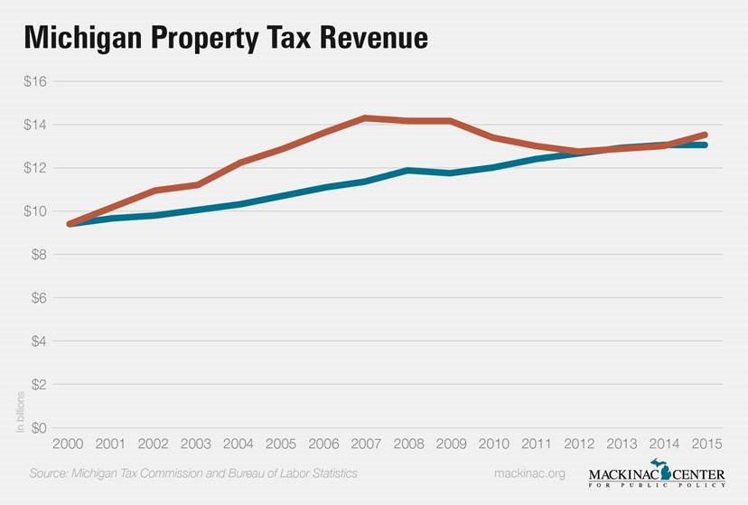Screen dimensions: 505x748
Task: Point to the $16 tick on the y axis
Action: tap(35, 81)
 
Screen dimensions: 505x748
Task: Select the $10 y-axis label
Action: tap(35, 211)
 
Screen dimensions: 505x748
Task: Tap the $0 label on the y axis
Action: tap(38, 427)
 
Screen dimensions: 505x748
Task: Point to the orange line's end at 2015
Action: tap(705, 135)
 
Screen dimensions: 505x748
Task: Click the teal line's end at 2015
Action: tap(705, 145)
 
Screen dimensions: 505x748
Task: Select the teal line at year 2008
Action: tap(408, 170)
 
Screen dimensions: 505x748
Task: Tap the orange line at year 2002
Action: tap(154, 191)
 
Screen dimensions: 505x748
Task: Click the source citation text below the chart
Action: tap(193, 473)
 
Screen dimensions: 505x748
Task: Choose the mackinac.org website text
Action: tap(529, 473)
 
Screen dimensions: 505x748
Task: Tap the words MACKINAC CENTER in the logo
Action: tap(657, 475)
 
